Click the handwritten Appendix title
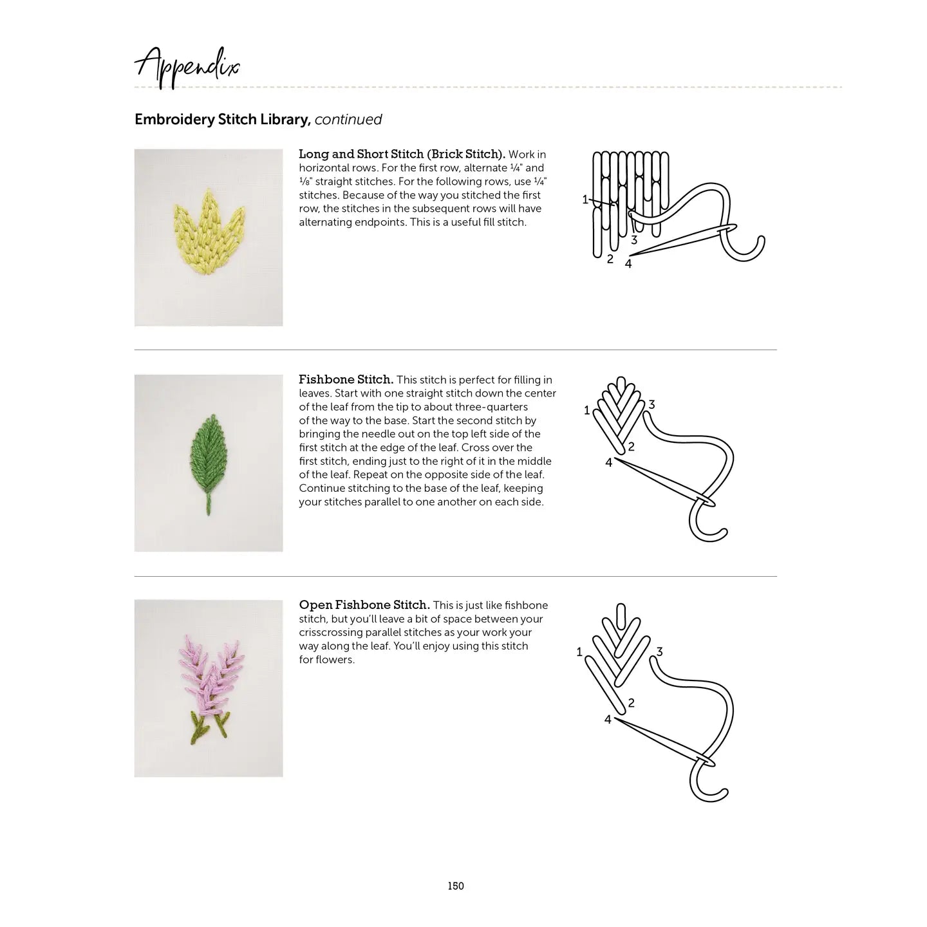pyautogui.click(x=187, y=68)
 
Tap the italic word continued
pyautogui.click(x=348, y=120)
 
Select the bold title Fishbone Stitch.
pyautogui.click(x=346, y=380)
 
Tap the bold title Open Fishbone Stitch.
pyautogui.click(x=364, y=605)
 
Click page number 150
pyautogui.click(x=456, y=886)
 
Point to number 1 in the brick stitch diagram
pyautogui.click(x=585, y=200)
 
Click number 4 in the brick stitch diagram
pyautogui.click(x=628, y=264)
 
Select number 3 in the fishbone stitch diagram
pyautogui.click(x=652, y=404)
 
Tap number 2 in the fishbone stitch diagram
pyautogui.click(x=632, y=447)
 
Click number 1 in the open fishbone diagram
pyautogui.click(x=579, y=652)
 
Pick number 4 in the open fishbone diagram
pyautogui.click(x=608, y=720)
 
